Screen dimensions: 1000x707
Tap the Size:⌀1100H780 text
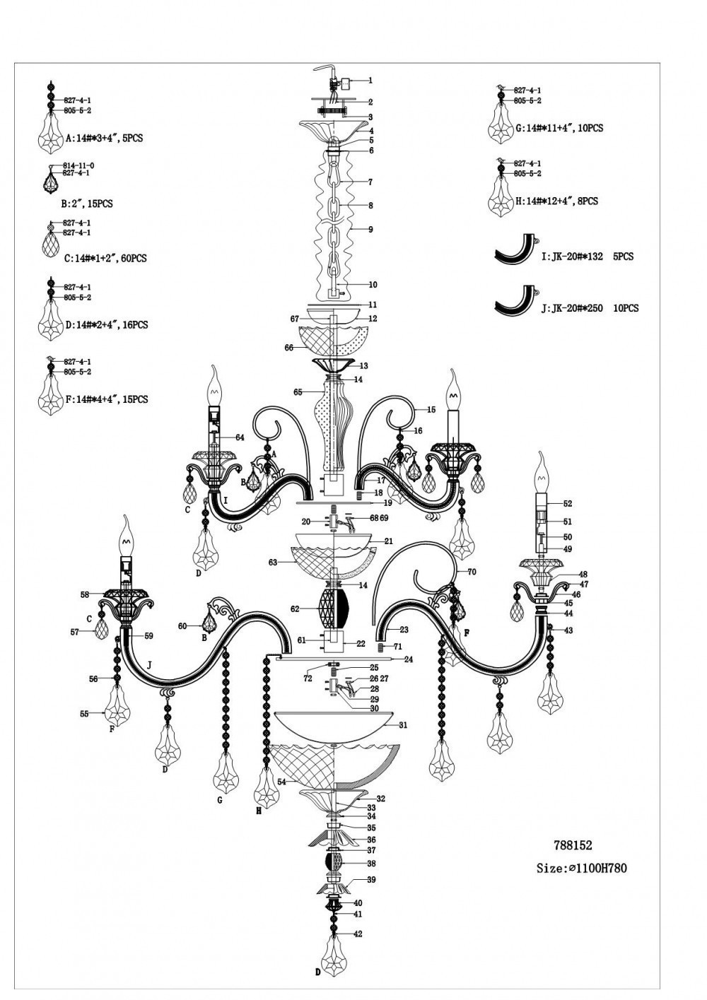(x=581, y=868)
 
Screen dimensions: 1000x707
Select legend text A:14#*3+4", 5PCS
(x=104, y=138)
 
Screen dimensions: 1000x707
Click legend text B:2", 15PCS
(x=87, y=204)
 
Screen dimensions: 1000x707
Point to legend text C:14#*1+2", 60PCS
(x=106, y=259)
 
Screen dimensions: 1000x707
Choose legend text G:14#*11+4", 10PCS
(x=559, y=129)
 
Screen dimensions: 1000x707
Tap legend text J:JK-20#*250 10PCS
(x=590, y=308)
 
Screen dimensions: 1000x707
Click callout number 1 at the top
(x=370, y=81)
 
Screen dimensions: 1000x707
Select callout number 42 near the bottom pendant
(x=358, y=934)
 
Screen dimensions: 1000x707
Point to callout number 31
(x=403, y=725)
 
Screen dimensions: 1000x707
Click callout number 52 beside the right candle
(x=568, y=504)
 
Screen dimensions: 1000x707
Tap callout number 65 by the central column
(x=298, y=392)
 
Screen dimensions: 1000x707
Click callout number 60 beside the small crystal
(x=182, y=626)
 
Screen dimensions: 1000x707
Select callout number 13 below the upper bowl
(x=364, y=366)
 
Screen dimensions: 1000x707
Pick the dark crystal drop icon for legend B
(x=51, y=182)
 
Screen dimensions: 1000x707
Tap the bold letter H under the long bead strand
(x=259, y=811)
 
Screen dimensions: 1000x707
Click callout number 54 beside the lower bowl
(x=281, y=782)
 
